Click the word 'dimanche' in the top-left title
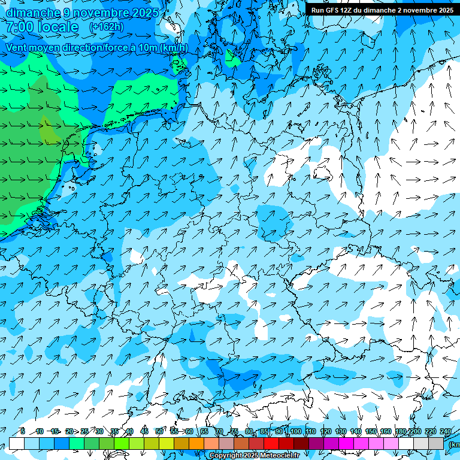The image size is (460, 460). (33, 13)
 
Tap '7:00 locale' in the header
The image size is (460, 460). (43, 27)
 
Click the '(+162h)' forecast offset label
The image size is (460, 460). (107, 27)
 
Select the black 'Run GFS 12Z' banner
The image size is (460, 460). (382, 10)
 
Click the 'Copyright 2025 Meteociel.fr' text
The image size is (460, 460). (255, 456)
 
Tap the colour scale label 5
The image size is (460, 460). (22, 431)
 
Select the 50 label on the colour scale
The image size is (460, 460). (159, 431)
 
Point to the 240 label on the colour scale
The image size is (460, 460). (446, 431)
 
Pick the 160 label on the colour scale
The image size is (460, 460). (386, 431)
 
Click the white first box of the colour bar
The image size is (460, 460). (17, 443)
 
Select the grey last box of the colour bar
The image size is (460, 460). (436, 443)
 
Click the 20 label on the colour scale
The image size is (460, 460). (69, 431)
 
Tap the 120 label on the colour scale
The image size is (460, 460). (326, 431)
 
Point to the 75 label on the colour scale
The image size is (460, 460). (234, 431)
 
